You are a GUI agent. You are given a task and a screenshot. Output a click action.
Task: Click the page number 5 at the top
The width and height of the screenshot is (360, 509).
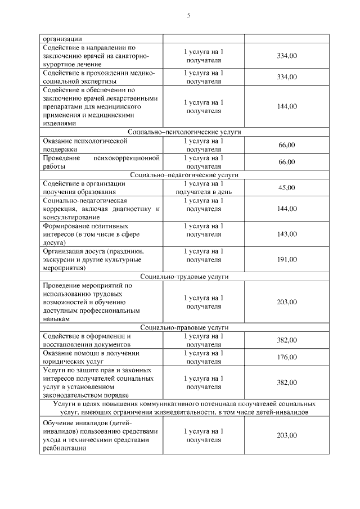click(188, 15)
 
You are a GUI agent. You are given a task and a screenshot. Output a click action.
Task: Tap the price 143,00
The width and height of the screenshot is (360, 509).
click(286, 234)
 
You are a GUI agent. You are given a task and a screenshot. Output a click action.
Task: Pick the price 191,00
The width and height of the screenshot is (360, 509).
click(286, 260)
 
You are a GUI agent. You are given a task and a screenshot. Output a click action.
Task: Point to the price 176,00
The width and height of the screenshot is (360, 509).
click(286, 357)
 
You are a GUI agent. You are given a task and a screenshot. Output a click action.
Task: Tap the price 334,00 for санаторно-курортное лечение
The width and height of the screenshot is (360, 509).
click(286, 56)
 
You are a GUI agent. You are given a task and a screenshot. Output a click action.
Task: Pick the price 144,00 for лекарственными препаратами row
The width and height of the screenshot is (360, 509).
click(286, 106)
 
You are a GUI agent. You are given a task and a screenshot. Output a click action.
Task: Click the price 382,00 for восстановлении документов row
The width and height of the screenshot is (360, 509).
click(286, 340)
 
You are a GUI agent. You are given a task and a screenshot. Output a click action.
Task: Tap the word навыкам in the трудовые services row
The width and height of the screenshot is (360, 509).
click(56, 318)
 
